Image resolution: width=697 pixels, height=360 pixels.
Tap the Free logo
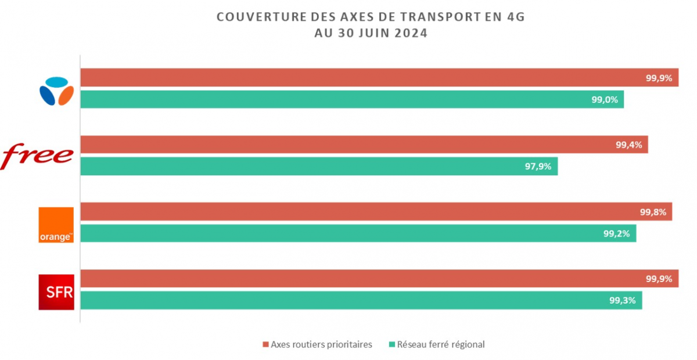pos(38,156)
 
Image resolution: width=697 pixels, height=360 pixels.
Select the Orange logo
pos(56,225)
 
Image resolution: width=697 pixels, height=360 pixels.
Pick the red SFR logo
pos(56,291)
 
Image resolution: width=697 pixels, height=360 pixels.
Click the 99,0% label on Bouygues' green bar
pos(605,100)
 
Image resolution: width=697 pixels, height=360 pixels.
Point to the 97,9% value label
pos(538,167)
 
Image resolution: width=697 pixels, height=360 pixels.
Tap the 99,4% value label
pos(628,145)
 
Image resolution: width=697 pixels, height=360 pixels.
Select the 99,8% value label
pos(653,212)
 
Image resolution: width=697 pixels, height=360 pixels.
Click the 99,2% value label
pos(616,234)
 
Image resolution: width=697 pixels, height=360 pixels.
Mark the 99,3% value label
pos(623,301)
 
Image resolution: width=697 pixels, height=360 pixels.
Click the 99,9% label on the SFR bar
pos(659,279)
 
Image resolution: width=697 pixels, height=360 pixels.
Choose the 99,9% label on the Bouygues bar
pos(659,78)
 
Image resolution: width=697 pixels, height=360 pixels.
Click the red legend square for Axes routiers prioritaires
pos(265,345)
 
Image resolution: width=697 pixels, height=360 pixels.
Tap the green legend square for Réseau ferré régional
pos(391,345)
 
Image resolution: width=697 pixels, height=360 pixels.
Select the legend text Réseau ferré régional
pos(441,345)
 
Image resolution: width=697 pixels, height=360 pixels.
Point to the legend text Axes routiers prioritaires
pos(321,345)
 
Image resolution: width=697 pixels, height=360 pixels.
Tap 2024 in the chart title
pos(410,33)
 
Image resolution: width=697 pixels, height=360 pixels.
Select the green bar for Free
pos(319,167)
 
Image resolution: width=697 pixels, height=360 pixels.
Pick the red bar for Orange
pos(376,212)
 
